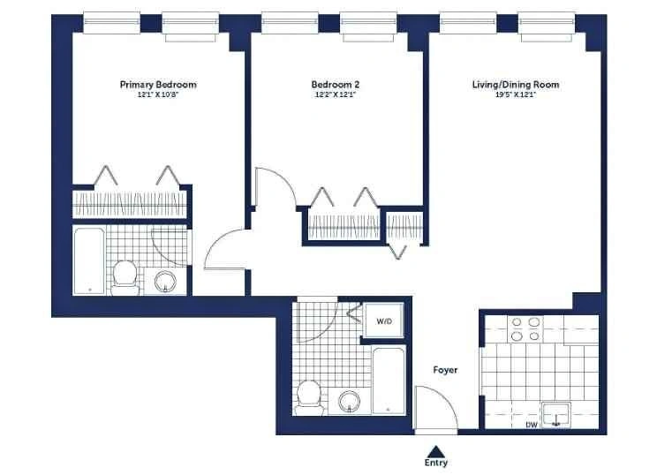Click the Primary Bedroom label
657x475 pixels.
pyautogui.click(x=158, y=85)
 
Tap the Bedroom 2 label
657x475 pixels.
pyautogui.click(x=336, y=85)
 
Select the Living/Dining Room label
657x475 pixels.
pyautogui.click(x=516, y=85)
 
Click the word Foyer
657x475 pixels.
pyautogui.click(x=445, y=370)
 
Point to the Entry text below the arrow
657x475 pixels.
pyautogui.click(x=435, y=463)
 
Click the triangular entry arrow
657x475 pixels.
pyautogui.click(x=436, y=450)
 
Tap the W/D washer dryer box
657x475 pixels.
pyautogui.click(x=384, y=320)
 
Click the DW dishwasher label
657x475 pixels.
pyautogui.click(x=532, y=425)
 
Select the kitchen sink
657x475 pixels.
pyautogui.click(x=556, y=416)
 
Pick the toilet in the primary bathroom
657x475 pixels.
pyautogui.click(x=125, y=277)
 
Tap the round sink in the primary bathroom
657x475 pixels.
pyautogui.click(x=165, y=281)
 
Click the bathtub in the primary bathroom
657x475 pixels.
pyautogui.click(x=89, y=261)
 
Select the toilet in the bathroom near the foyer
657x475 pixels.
pyautogui.click(x=309, y=397)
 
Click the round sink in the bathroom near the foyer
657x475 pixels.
pyautogui.click(x=350, y=402)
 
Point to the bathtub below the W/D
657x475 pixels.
pyautogui.click(x=389, y=381)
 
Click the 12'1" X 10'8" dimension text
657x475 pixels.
pyautogui.click(x=158, y=95)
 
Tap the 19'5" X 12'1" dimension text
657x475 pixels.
pyautogui.click(x=516, y=95)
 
